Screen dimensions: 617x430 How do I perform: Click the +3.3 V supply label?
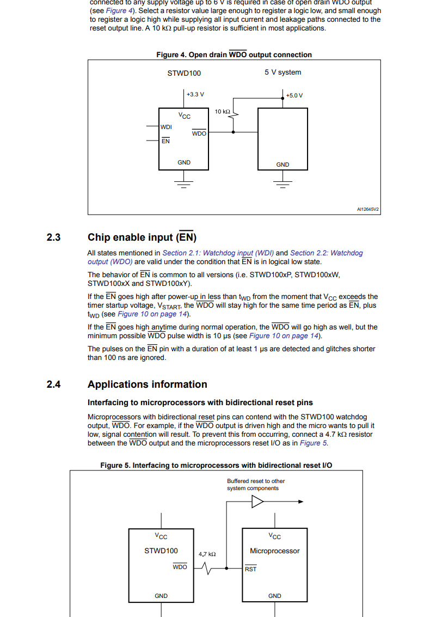(x=195, y=94)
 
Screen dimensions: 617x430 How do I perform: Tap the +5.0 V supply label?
(x=294, y=95)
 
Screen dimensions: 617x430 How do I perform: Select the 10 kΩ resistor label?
(x=222, y=111)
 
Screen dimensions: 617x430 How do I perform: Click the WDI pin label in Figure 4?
(x=166, y=127)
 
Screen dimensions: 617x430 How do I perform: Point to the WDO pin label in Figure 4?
(x=199, y=133)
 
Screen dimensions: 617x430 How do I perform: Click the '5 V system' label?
(x=282, y=72)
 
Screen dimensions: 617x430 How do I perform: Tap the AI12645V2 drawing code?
(x=367, y=209)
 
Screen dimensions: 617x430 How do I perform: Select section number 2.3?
(x=53, y=237)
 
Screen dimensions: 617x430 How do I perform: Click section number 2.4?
(x=53, y=384)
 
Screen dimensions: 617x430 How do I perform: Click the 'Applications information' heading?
(x=147, y=384)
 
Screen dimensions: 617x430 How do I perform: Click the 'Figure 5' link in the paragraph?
(x=310, y=443)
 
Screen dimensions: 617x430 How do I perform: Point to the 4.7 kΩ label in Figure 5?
(x=207, y=554)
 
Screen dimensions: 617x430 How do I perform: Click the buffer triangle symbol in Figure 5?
(x=257, y=502)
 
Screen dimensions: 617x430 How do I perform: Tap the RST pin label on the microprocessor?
(x=251, y=569)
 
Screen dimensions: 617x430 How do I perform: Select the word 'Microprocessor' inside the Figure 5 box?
(x=274, y=551)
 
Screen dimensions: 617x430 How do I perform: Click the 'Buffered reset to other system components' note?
(x=255, y=485)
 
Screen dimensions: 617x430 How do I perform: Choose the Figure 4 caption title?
(x=234, y=54)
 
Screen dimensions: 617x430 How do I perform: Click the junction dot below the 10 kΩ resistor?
(x=234, y=132)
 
